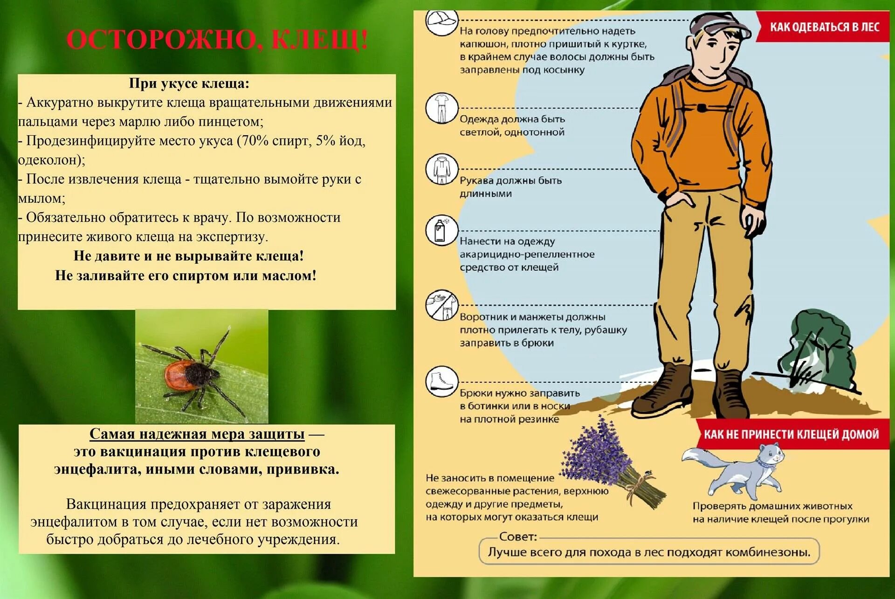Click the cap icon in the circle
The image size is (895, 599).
(x=441, y=21)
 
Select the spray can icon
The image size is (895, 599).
(x=441, y=230)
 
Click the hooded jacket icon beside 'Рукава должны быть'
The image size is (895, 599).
(x=441, y=169)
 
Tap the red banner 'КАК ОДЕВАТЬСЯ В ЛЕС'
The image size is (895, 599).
(x=824, y=27)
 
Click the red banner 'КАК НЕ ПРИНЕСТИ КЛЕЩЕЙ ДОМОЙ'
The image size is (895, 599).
(x=791, y=434)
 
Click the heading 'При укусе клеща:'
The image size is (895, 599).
(x=189, y=83)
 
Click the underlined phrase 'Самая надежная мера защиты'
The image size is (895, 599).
(x=197, y=434)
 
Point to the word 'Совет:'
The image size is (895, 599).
(x=518, y=537)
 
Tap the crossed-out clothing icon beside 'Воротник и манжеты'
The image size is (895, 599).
(x=441, y=306)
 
